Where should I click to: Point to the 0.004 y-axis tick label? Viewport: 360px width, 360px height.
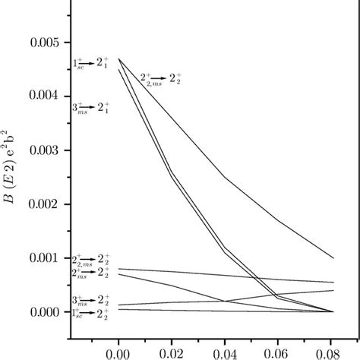(48, 96)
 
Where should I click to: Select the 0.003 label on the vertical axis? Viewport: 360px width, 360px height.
(48, 150)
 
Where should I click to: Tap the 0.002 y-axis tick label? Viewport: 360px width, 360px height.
(48, 204)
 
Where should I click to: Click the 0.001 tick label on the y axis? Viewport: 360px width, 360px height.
(48, 258)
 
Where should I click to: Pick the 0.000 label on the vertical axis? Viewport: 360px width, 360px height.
(48, 312)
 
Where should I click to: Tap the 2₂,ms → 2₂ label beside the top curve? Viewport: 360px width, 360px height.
(161, 79)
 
